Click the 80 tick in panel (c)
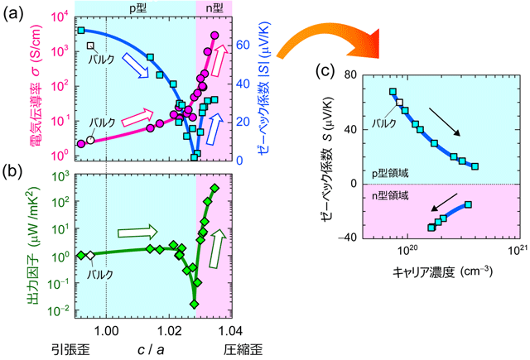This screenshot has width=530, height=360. [350, 74]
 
